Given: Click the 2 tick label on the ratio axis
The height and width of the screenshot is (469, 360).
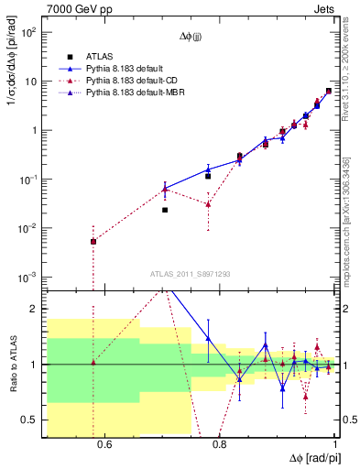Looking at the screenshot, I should [x=35, y=309].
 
